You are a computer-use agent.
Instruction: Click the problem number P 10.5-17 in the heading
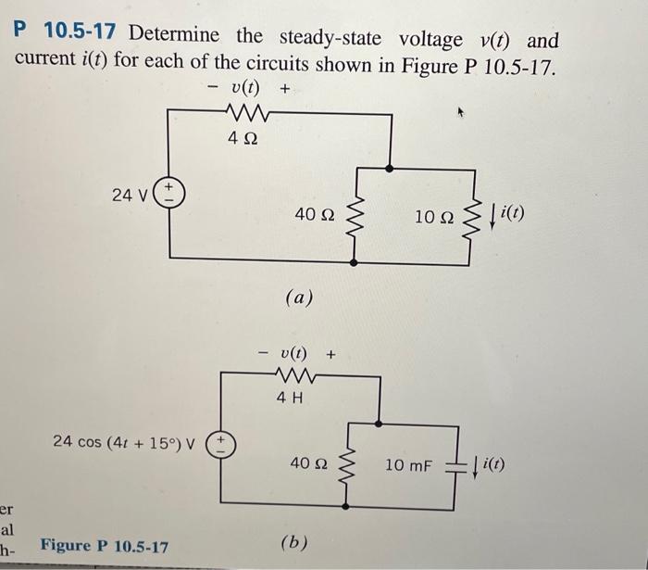pyautogui.click(x=66, y=35)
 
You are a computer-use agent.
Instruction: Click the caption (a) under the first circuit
pyautogui.click(x=300, y=298)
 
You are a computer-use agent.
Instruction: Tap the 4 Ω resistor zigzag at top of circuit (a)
pyautogui.click(x=243, y=115)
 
